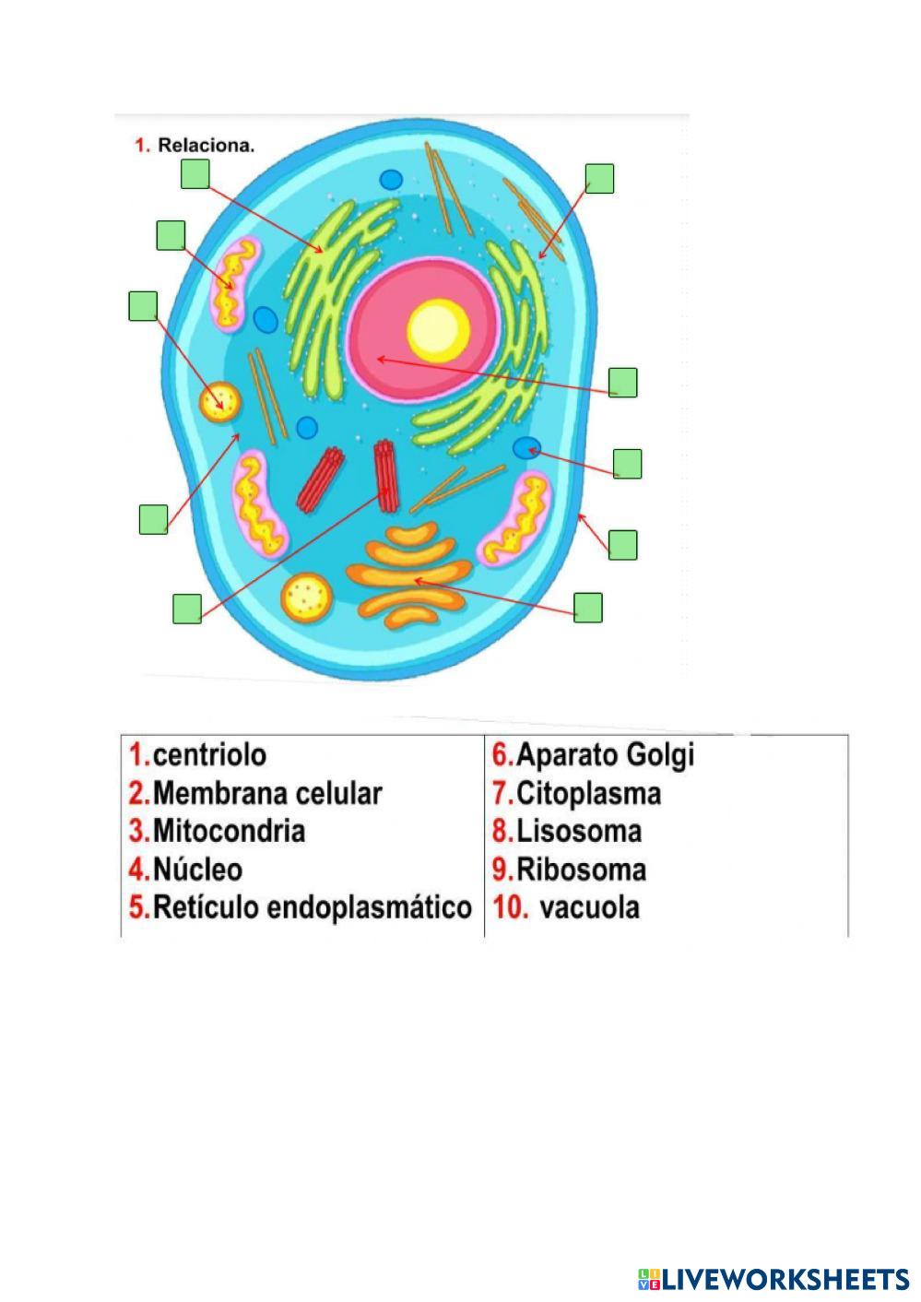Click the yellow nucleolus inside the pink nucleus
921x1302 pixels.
pos(439,330)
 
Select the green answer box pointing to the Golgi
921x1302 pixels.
pos(588,608)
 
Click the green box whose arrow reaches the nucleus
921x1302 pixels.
pos(623,382)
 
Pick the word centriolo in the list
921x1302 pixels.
pos(209,755)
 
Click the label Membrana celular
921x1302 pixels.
pos(266,793)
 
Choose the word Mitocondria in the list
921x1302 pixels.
pos(229,831)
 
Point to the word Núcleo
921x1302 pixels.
pos(197,870)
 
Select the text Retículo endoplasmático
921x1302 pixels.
pos(312,907)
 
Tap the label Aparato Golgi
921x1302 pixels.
pos(604,755)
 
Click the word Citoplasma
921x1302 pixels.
pos(588,793)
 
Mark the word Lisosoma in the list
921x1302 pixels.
pos(578,831)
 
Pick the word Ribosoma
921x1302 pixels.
pos(581,870)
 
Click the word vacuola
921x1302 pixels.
pos(589,907)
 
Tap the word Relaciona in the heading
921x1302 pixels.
pos(206,145)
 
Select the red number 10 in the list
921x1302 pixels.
pos(508,907)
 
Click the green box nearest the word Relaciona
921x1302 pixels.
pos(195,173)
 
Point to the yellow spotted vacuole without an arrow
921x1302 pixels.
pos(307,597)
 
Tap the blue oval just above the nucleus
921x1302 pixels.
pos(392,181)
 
